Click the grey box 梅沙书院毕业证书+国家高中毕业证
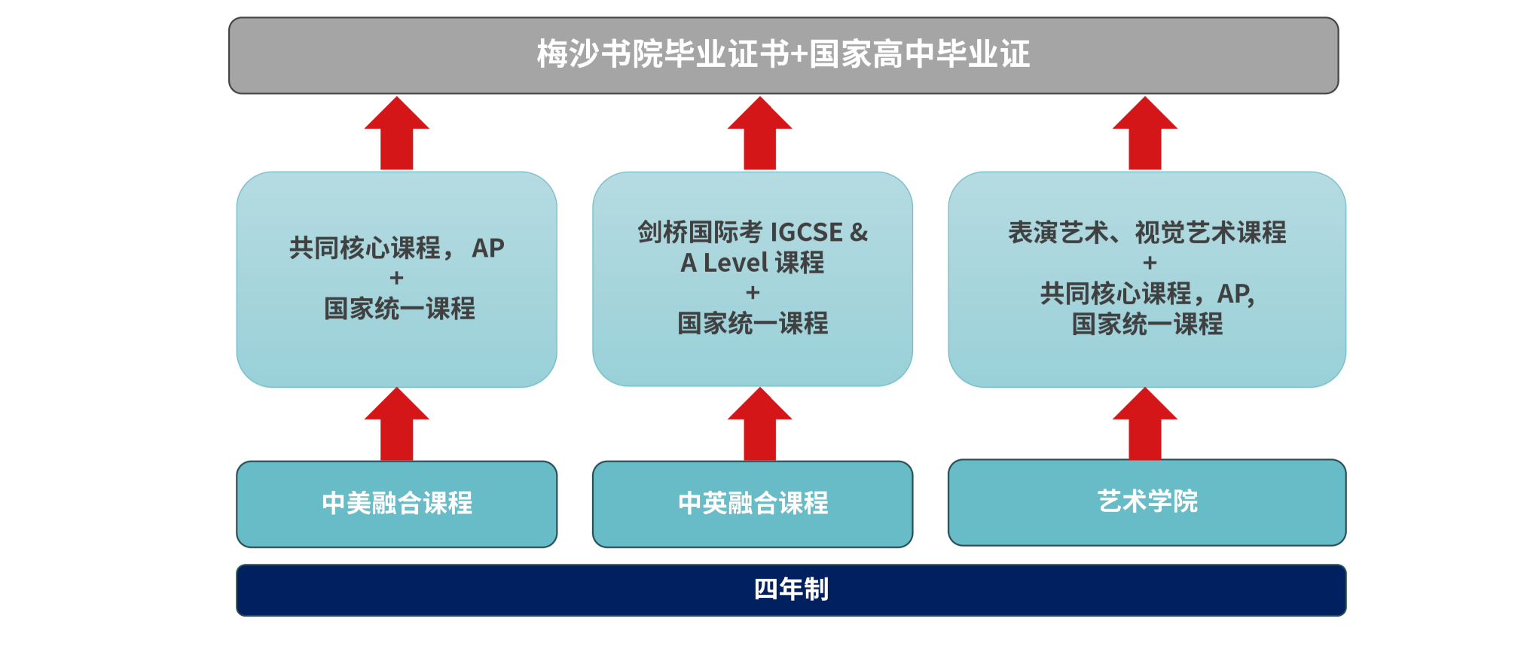coord(783,56)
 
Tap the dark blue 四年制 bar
coord(791,590)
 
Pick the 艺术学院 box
coord(1147,502)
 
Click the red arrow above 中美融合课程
coord(397,424)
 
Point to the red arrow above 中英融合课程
coord(760,424)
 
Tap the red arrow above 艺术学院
coord(1145,423)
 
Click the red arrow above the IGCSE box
coord(760,133)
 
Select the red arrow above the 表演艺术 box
coord(1145,133)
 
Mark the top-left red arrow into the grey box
coord(397,133)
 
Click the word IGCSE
coord(807,233)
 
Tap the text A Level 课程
coord(753,263)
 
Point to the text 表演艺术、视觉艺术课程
coord(1147,233)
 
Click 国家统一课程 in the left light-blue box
coord(400,309)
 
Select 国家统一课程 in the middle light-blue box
coord(753,324)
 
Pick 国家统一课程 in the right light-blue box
coord(1147,324)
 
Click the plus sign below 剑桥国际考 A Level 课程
coord(753,293)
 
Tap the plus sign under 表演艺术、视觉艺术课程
coord(1150,264)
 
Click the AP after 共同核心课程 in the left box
coord(488,248)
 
